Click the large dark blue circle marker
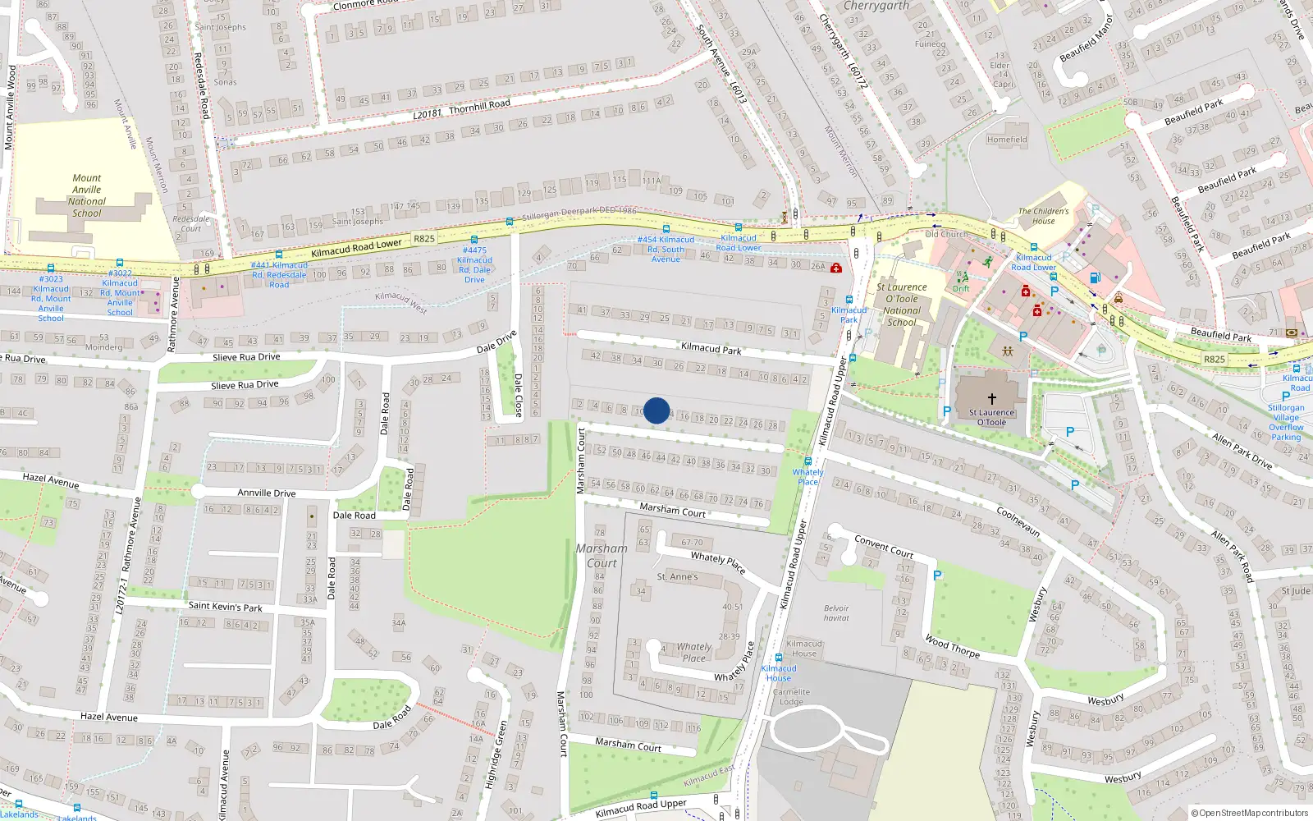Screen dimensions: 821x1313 [656, 410]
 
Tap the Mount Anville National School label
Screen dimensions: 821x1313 [86, 195]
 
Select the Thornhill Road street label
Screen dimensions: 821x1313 [479, 107]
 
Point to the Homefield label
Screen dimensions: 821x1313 [1007, 140]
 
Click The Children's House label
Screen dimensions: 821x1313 [1044, 216]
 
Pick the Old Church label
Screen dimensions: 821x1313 [945, 234]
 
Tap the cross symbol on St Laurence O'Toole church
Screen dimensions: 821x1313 [991, 398]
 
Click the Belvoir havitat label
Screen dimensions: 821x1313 [836, 613]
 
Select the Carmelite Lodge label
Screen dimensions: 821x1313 [791, 696]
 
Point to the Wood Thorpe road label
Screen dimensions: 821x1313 [952, 646]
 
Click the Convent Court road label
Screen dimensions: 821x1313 [884, 546]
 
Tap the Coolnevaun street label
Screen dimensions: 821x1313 [1018, 521]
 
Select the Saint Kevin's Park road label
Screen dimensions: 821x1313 [225, 607]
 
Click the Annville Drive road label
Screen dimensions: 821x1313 [266, 493]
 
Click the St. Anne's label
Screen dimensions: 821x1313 [677, 577]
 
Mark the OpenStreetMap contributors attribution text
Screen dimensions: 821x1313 [1249, 813]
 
